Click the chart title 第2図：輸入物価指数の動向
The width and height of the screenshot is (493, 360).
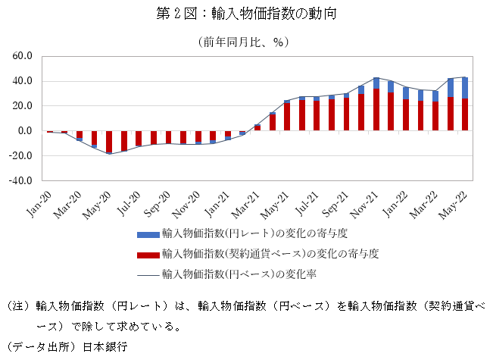click(x=245, y=14)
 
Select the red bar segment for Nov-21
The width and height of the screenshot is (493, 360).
click(x=376, y=110)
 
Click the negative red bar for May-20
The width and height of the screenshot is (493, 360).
click(x=109, y=142)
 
